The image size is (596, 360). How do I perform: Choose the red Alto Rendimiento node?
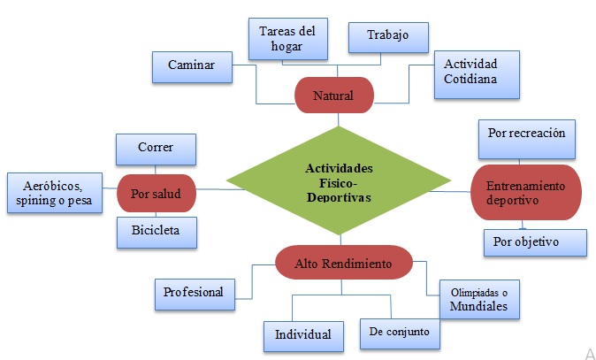(343, 263)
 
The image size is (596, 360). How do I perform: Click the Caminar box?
(192, 65)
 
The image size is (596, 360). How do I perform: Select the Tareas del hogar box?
(287, 38)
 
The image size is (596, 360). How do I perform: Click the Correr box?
(156, 149)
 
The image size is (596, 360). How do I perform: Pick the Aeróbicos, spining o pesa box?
(53, 194)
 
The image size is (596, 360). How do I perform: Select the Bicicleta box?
(156, 233)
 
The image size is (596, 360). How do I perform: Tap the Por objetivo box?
(535, 241)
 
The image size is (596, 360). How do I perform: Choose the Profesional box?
(193, 291)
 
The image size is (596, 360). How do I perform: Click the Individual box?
(302, 334)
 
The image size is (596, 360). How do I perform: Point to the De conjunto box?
(400, 333)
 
